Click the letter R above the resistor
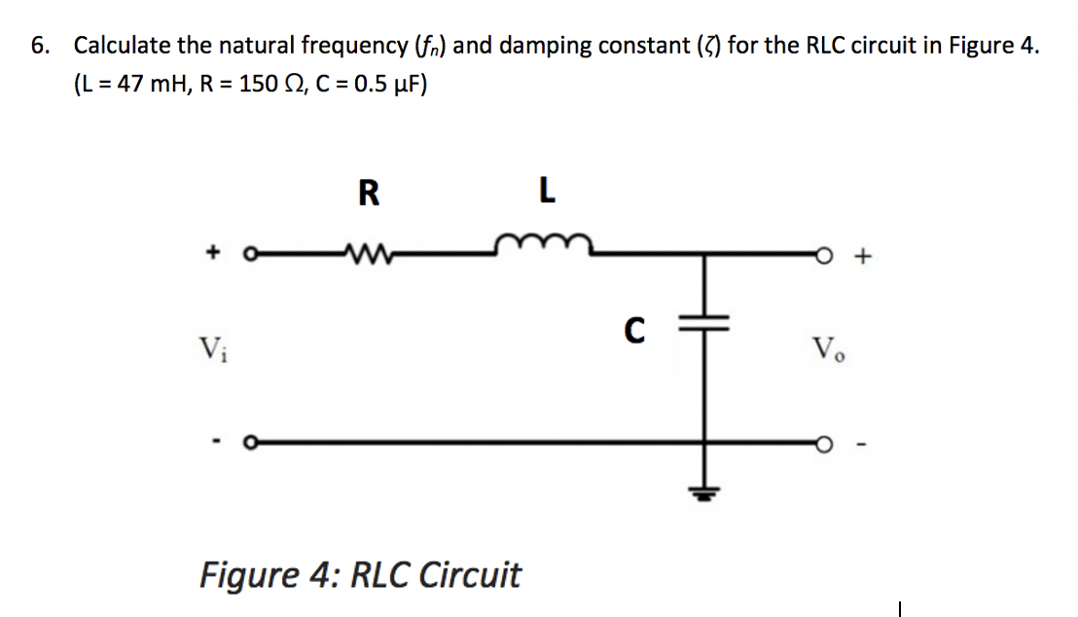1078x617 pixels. (x=368, y=194)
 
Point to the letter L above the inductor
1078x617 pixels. (x=548, y=194)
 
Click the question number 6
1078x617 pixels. (x=37, y=46)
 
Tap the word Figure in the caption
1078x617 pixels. (x=247, y=574)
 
